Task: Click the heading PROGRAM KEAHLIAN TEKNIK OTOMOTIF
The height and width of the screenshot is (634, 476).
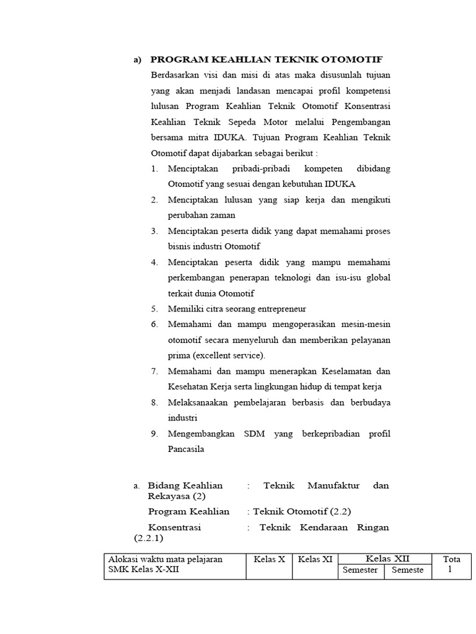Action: [267, 59]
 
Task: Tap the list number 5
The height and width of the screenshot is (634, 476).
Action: [154, 308]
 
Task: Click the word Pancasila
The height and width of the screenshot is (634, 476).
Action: [187, 449]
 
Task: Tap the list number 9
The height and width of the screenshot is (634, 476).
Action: [154, 433]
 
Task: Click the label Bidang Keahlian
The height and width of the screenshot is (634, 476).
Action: [185, 485]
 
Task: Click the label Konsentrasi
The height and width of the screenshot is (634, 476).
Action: [175, 528]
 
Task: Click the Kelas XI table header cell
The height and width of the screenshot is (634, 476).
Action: [314, 559]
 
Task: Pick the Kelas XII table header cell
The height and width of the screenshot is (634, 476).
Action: [388, 558]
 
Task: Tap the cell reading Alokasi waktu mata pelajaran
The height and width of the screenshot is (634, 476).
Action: [165, 559]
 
